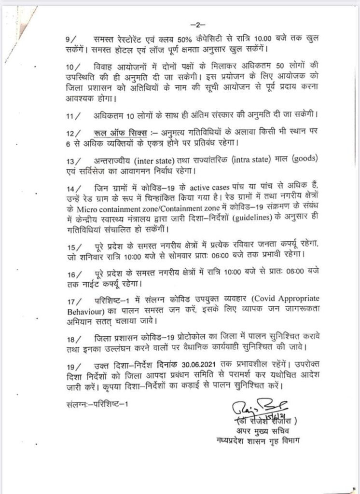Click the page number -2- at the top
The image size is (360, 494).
point(198,24)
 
